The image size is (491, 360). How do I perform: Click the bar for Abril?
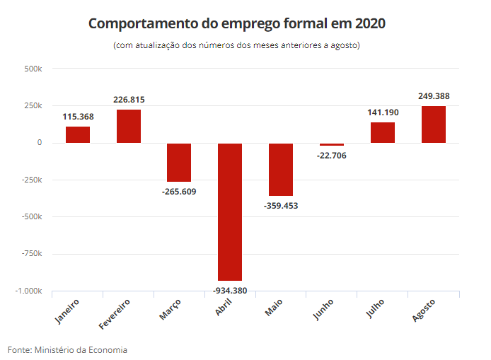coord(230,211)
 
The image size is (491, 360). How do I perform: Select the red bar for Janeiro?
coord(78,134)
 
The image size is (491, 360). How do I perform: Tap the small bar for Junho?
coord(332,144)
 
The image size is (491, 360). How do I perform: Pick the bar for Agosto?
coord(434,124)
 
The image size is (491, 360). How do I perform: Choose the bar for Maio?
coord(281,169)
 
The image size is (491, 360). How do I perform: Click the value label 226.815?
coord(129,100)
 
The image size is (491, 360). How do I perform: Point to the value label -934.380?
coord(230,290)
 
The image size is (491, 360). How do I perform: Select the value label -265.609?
coord(179,192)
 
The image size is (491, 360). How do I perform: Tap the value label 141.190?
coord(383,112)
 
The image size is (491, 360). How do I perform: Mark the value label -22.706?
coord(332,155)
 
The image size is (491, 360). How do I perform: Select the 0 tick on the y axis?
coord(40,143)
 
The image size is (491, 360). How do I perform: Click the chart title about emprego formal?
coord(237,23)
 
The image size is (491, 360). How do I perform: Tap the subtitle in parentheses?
coord(237,46)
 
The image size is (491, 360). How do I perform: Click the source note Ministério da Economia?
coord(68,349)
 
